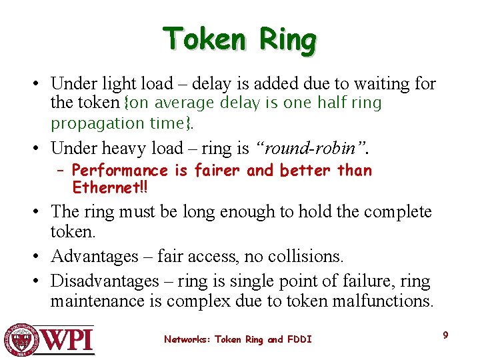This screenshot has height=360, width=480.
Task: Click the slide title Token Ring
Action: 239,39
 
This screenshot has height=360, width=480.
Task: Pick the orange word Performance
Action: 120,171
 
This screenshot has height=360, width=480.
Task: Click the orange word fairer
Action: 216,171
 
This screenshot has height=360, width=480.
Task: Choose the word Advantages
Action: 93,256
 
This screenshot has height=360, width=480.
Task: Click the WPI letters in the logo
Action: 69,340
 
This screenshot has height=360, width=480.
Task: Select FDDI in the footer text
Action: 298,340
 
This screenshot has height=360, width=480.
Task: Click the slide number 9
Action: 445,335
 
